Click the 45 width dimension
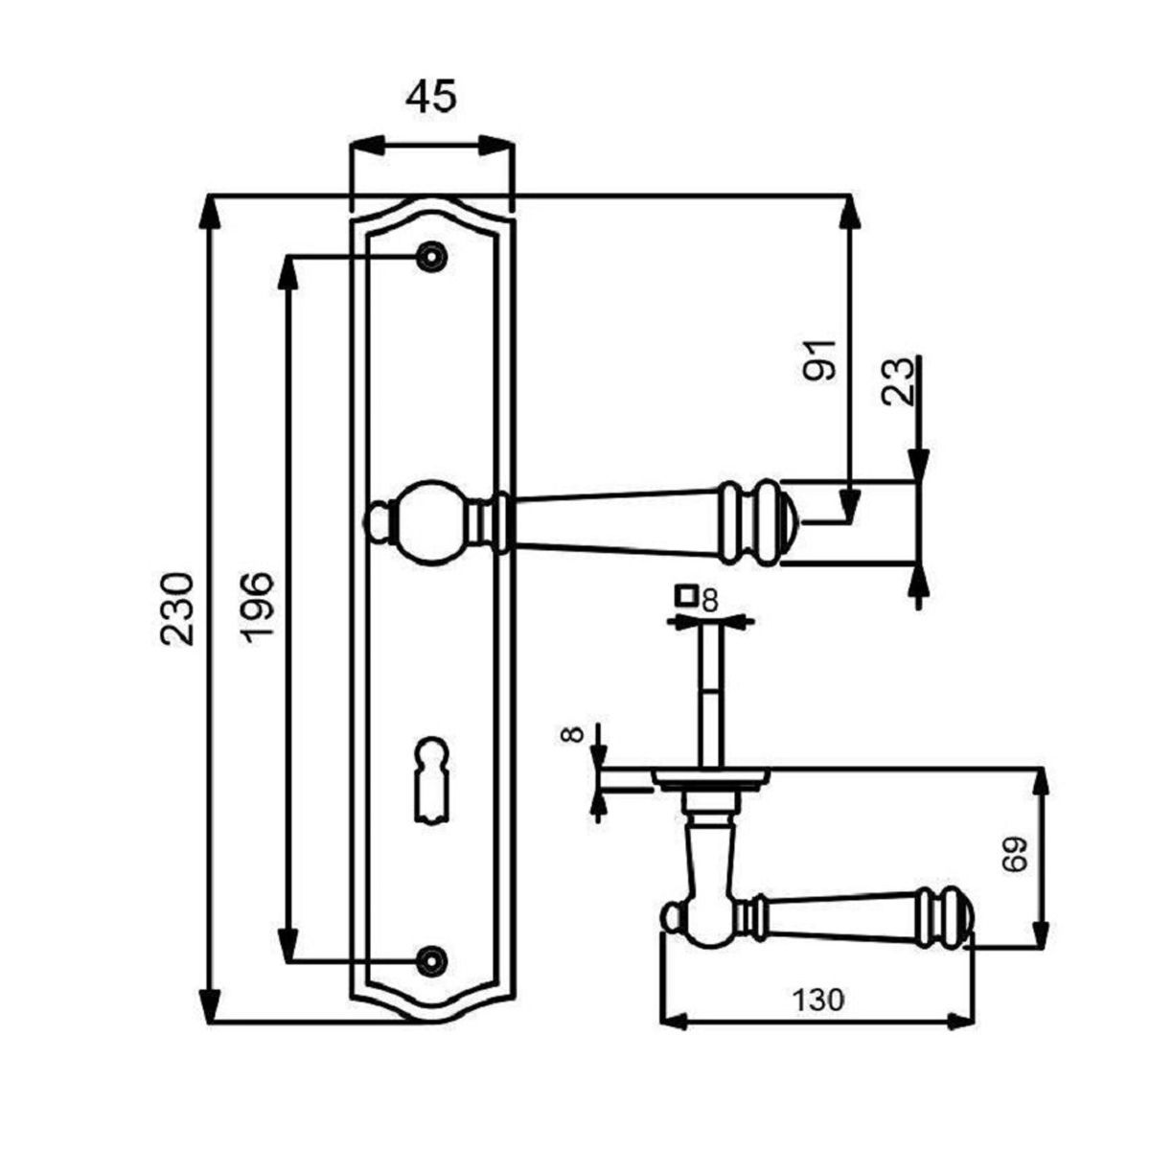(x=431, y=96)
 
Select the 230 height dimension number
(x=178, y=609)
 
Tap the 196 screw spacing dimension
(x=260, y=609)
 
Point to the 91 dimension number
(x=818, y=360)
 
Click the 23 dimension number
(x=899, y=382)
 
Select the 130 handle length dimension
(x=818, y=1000)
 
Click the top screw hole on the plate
(x=432, y=257)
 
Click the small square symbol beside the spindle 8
(x=686, y=595)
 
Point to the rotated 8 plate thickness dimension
(x=572, y=733)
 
